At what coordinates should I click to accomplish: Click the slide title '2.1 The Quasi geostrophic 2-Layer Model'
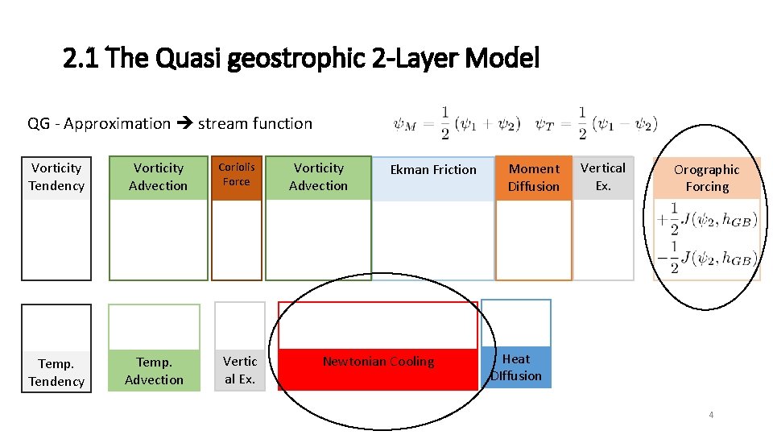pos(301,59)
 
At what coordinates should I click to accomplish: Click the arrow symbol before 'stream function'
pos(184,124)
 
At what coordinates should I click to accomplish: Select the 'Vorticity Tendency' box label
pos(56,177)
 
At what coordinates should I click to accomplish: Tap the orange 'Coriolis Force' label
pos(237,175)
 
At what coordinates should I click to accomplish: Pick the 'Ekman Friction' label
pos(433,170)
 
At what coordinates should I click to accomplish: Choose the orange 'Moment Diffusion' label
pos(533,177)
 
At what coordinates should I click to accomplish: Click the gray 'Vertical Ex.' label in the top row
pos(603,176)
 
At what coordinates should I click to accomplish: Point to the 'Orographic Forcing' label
pos(706,178)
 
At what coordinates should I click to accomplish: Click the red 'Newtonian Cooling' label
pos(378,362)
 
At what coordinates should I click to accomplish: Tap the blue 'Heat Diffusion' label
pos(516,367)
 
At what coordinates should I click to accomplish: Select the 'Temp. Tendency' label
pos(56,372)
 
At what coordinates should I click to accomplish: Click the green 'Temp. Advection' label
pos(155,371)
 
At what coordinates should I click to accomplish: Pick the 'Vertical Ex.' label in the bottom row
pos(240,370)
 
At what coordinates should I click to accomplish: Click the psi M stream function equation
pos(457,123)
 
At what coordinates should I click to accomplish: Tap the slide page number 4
pos(711,415)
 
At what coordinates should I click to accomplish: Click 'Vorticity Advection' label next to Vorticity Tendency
pos(159,177)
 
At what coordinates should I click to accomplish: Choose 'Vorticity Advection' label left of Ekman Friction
pos(319,177)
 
